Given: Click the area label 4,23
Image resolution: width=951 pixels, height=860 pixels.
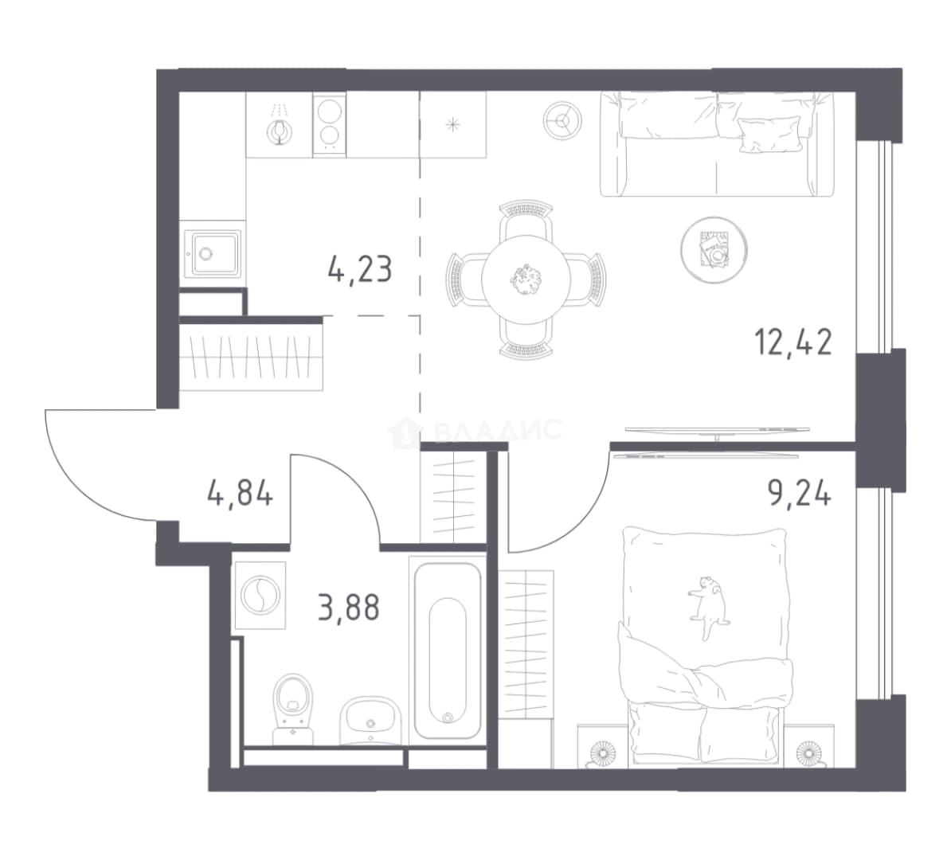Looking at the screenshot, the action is pyautogui.click(x=360, y=270).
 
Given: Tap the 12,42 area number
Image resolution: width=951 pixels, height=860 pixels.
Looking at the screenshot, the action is pyautogui.click(x=793, y=343).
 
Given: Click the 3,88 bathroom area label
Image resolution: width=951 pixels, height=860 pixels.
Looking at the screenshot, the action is pyautogui.click(x=349, y=608).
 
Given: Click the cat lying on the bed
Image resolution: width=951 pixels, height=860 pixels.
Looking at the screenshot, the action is pyautogui.click(x=708, y=607).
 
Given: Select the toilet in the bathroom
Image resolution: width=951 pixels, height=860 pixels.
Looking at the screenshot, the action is pyautogui.click(x=294, y=709).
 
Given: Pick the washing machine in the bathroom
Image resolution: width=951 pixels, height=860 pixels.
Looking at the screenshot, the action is pyautogui.click(x=259, y=594).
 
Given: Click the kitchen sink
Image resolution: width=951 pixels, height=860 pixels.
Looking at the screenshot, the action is pyautogui.click(x=213, y=253).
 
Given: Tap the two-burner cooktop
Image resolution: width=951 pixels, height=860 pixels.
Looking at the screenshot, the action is pyautogui.click(x=329, y=124).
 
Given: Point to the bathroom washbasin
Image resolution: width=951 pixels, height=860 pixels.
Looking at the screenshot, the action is pyautogui.click(x=370, y=721).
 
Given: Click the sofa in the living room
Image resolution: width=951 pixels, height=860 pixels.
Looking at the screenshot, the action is pyautogui.click(x=718, y=144).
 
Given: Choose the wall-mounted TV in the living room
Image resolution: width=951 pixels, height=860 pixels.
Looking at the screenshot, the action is pyautogui.click(x=718, y=430).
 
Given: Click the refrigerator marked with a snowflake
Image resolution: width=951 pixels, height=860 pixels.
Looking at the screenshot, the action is pyautogui.click(x=453, y=124).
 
